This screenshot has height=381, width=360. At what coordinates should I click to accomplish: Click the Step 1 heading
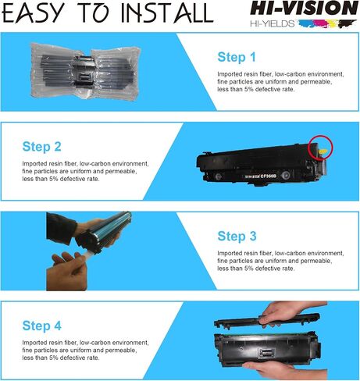pos(236,57)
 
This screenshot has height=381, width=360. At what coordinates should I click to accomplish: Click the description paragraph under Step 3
pos(266,261)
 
